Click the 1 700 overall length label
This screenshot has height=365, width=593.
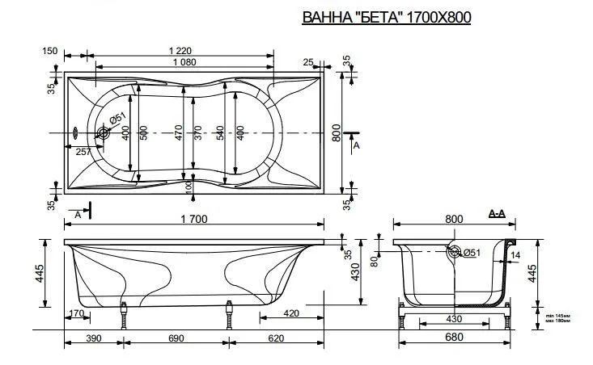click(x=195, y=218)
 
